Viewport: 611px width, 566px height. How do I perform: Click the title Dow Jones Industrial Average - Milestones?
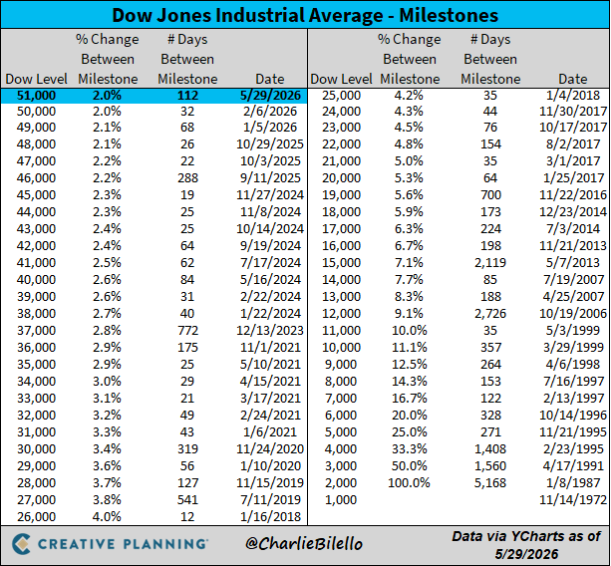[x=305, y=15]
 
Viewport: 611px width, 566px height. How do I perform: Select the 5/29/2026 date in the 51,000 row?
[x=270, y=96]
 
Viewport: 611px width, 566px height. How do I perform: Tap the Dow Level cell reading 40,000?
[x=36, y=279]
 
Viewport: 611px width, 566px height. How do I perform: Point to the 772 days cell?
[x=187, y=330]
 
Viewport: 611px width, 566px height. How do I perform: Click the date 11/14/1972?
[x=573, y=499]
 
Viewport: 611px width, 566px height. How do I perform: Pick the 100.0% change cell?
[x=409, y=482]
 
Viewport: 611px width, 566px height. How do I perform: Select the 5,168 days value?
[x=490, y=482]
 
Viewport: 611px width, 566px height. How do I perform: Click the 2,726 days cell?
[x=490, y=313]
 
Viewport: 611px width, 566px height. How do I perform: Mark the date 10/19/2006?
[x=573, y=313]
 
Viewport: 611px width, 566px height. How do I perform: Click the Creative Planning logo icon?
[x=22, y=544]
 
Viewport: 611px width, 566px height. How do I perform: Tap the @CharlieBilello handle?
[x=304, y=544]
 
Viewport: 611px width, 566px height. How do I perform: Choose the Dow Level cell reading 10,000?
[x=341, y=347]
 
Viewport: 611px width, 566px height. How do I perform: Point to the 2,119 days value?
[x=490, y=262]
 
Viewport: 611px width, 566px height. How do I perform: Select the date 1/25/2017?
[x=573, y=178]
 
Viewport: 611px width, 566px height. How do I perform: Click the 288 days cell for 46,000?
[x=187, y=178]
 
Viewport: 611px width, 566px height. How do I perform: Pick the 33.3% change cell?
[x=409, y=448]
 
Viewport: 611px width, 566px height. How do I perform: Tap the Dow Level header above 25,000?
[x=341, y=79]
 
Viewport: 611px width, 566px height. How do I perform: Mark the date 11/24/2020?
[x=270, y=448]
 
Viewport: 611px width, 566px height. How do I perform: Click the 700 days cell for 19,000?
[x=490, y=194]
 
